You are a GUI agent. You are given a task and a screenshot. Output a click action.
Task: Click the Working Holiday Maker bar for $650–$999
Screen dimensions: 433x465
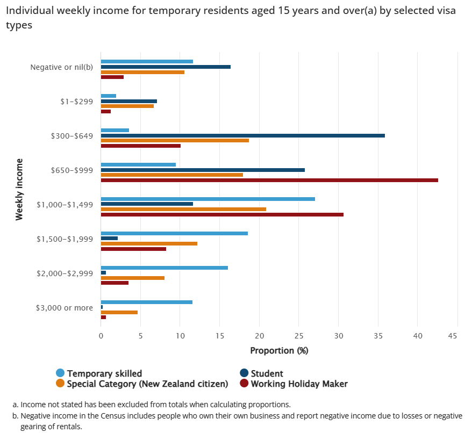pos(269,180)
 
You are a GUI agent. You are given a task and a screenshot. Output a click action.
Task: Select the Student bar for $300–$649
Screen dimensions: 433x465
pos(242,135)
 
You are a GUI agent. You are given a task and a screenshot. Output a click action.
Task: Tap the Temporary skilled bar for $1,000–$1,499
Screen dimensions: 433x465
pos(208,199)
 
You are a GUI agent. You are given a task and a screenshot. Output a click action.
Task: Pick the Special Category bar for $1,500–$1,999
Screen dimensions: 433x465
pos(149,243)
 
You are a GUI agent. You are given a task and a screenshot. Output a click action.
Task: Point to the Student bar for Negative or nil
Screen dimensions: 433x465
pos(166,67)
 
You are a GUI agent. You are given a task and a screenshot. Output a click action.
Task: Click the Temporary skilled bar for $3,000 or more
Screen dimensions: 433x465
pos(146,302)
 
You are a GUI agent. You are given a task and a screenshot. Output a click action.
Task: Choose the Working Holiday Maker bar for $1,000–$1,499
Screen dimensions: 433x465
pos(222,214)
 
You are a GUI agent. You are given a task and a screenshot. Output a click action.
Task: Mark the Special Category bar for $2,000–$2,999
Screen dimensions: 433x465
pos(132,278)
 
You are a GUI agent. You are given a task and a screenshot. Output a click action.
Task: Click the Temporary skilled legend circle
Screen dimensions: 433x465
pos(60,373)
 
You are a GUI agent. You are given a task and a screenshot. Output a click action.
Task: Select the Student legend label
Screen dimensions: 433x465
pos(267,373)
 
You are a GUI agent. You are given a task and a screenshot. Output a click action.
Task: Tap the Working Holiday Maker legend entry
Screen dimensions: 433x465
pos(299,384)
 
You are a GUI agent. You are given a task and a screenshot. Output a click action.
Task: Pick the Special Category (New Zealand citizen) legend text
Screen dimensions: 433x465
pos(147,384)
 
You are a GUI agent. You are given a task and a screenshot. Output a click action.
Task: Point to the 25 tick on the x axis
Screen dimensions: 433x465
pos(299,336)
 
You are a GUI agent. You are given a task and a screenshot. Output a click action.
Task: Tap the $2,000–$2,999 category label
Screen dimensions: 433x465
pos(65,273)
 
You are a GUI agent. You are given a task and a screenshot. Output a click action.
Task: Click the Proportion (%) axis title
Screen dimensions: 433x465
pos(279,350)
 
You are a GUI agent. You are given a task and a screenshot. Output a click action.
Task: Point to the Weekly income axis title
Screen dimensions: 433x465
pos(19,189)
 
